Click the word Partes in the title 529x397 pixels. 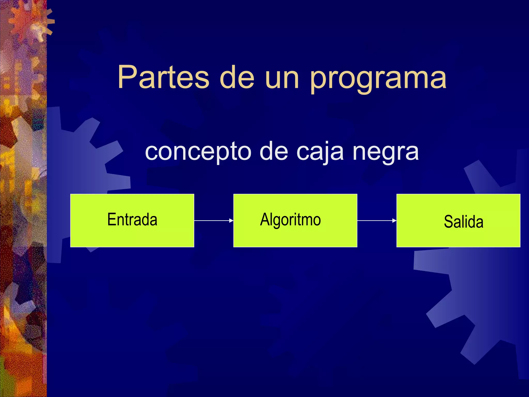163,77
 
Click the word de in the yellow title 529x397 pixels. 237,77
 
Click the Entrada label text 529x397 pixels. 132,219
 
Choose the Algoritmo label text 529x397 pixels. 290,220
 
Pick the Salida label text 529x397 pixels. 463,222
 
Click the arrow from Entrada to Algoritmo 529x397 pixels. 213,220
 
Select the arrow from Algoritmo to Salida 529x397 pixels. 376,220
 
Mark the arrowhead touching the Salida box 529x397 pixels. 394,220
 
